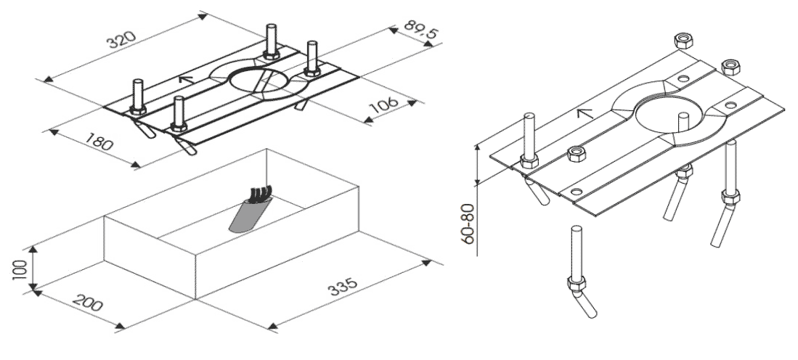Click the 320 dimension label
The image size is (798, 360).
point(123,40)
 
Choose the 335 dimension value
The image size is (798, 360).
point(343,286)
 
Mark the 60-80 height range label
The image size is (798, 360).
point(469,224)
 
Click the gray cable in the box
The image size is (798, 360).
point(245,216)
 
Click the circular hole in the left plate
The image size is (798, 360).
point(258,81)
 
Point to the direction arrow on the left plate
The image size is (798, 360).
point(187,79)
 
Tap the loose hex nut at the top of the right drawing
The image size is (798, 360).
point(683,40)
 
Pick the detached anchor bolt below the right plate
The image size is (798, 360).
point(579,272)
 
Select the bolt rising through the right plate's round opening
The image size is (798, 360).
point(683,121)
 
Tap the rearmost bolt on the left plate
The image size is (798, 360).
point(272,41)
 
